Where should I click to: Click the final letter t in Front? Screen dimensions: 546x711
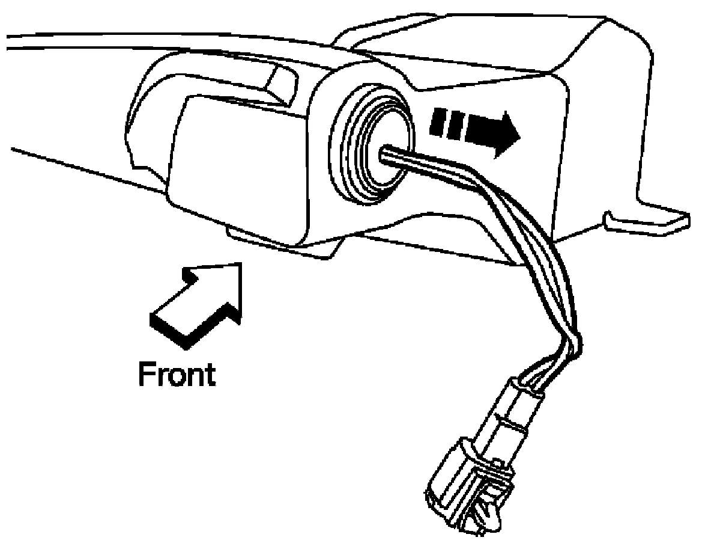[x=208, y=374]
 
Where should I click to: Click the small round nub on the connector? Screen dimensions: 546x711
[x=497, y=462]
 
